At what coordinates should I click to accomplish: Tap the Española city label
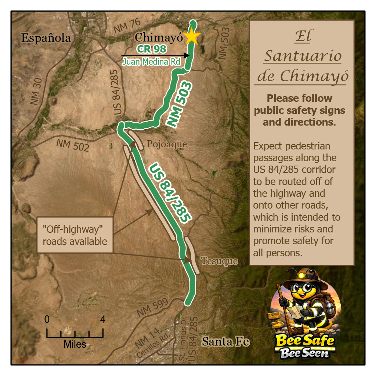click(x=46, y=38)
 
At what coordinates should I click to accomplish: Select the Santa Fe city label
click(x=225, y=342)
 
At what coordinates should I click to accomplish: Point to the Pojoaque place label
click(x=167, y=144)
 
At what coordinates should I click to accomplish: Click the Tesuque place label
click(x=219, y=261)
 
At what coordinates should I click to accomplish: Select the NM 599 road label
click(x=153, y=308)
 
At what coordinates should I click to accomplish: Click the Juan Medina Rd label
click(x=151, y=62)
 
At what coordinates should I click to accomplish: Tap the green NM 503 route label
click(x=180, y=105)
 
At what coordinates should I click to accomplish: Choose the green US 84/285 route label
click(x=170, y=192)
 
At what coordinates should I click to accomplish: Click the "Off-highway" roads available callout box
click(x=75, y=235)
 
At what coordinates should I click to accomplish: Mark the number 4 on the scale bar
click(x=102, y=319)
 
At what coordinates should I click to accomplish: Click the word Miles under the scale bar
click(x=75, y=344)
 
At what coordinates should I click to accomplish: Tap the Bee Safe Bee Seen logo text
click(x=305, y=346)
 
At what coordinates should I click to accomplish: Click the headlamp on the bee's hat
click(x=303, y=274)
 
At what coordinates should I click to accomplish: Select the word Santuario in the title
click(x=303, y=56)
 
